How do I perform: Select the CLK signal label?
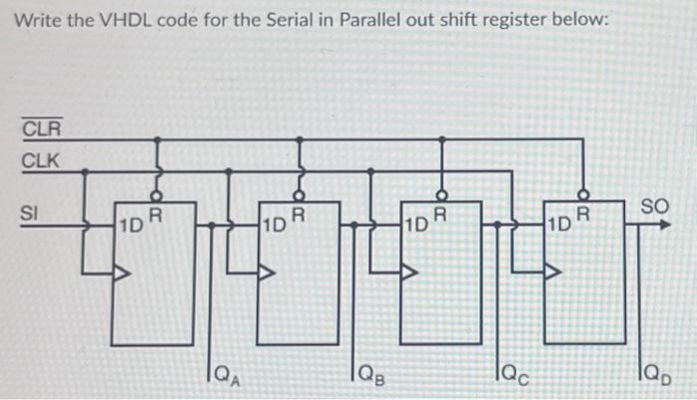click(x=41, y=159)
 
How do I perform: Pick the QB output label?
click(x=372, y=376)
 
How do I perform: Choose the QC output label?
click(x=516, y=376)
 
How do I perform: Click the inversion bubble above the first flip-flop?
click(x=157, y=196)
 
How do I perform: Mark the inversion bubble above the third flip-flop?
click(x=443, y=196)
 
